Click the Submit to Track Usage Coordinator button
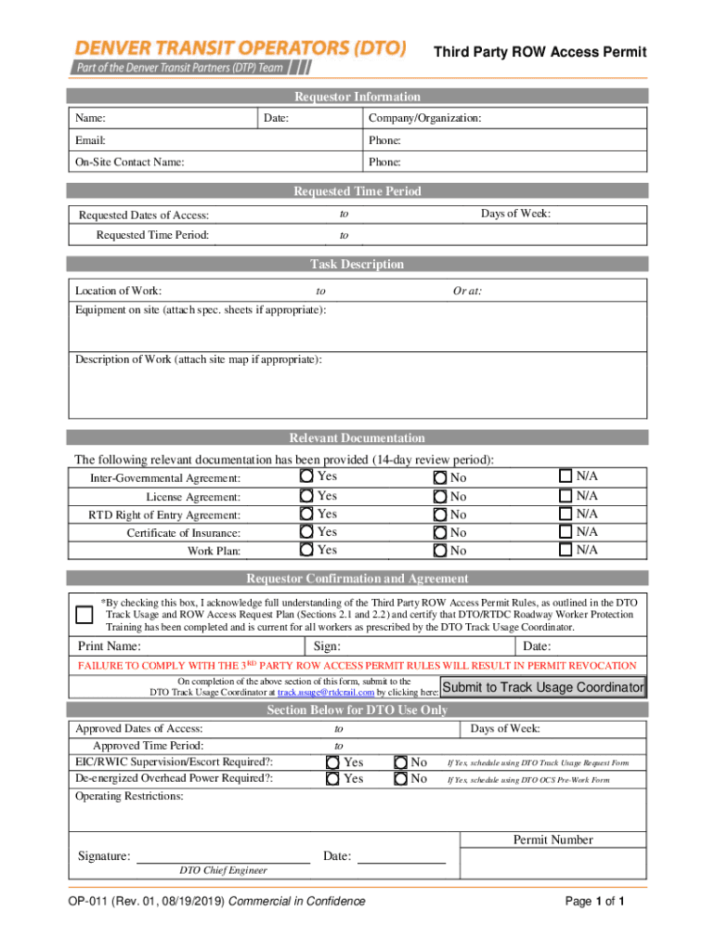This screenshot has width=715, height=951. [543, 688]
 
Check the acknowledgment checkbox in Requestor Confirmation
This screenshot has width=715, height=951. [84, 615]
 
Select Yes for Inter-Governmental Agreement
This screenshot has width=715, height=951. [306, 476]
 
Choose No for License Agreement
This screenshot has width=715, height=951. [441, 497]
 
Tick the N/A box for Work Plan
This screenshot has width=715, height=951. [565, 550]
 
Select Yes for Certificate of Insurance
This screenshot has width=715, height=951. [306, 532]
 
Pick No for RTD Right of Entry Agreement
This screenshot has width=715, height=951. [441, 515]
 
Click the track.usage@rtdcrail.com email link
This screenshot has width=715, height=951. [325, 693]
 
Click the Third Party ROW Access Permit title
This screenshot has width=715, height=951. [540, 53]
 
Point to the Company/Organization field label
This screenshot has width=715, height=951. [424, 119]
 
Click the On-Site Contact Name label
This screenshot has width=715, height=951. [129, 163]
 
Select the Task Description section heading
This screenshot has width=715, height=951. [357, 265]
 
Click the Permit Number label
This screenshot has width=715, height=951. [552, 840]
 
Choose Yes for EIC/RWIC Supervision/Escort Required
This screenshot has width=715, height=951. [332, 762]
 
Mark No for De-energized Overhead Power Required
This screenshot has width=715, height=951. [400, 779]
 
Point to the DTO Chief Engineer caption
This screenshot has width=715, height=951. [223, 870]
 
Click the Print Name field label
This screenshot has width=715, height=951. [109, 646]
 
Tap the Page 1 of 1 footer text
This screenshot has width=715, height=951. [594, 902]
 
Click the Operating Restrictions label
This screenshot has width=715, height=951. [129, 797]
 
